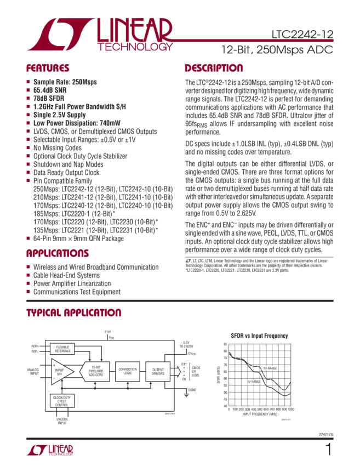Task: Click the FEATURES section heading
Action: tap(48, 69)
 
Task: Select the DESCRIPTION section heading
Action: tap(214, 69)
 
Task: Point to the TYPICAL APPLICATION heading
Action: tap(74, 313)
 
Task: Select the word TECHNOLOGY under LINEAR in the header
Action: tap(136, 48)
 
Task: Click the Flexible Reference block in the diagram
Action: tap(62, 348)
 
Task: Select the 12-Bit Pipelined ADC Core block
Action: tap(96, 371)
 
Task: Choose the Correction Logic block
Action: tap(128, 371)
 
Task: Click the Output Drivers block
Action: tap(158, 371)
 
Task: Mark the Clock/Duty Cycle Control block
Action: tap(62, 401)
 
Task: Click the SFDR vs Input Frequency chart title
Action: tap(259, 334)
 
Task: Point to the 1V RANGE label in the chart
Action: tap(269, 368)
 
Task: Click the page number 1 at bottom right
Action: tap(328, 450)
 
